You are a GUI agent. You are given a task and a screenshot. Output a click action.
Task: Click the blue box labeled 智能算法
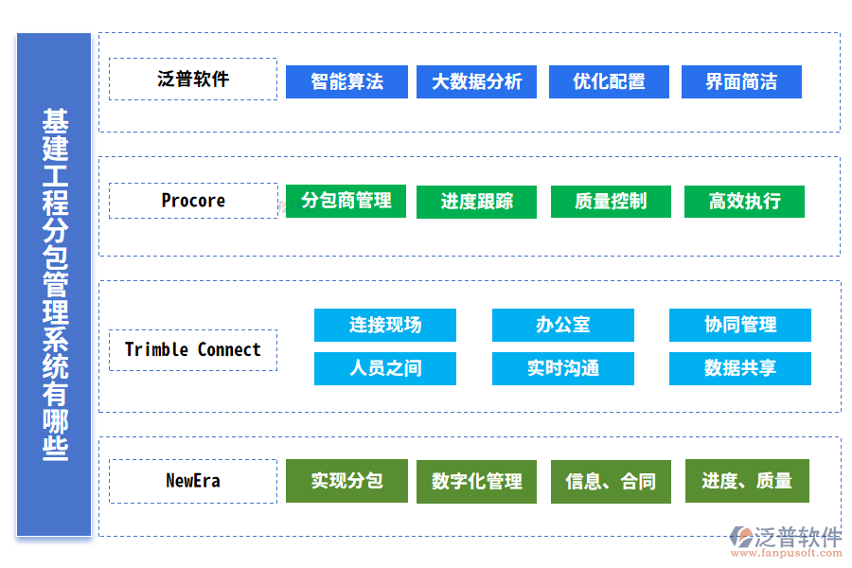pyautogui.click(x=346, y=81)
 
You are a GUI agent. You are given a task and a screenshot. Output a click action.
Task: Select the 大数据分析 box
pyautogui.click(x=476, y=81)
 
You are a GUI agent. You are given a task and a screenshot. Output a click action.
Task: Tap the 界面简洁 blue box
pyautogui.click(x=741, y=81)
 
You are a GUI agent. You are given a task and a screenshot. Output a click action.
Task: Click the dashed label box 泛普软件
pyautogui.click(x=193, y=79)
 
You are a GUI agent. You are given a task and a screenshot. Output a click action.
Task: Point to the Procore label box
pyautogui.click(x=193, y=201)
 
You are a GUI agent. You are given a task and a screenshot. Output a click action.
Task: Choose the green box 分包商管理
pyautogui.click(x=346, y=201)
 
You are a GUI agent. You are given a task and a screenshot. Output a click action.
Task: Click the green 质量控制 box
pyautogui.click(x=611, y=202)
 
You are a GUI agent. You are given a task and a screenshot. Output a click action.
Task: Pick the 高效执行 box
pyautogui.click(x=744, y=202)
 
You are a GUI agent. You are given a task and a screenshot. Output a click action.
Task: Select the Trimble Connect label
pyautogui.click(x=193, y=350)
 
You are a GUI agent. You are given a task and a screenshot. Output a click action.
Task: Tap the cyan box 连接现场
pyautogui.click(x=385, y=325)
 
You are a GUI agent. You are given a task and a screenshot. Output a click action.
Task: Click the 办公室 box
pyautogui.click(x=563, y=325)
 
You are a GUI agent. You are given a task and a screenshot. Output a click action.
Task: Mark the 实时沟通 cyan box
pyautogui.click(x=563, y=368)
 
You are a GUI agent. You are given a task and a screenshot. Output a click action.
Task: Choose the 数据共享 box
pyautogui.click(x=740, y=368)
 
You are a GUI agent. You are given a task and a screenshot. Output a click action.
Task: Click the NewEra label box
pyautogui.click(x=193, y=481)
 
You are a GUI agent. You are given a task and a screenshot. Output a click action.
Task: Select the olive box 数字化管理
pyautogui.click(x=476, y=482)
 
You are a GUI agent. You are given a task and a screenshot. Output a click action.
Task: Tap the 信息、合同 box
pyautogui.click(x=611, y=482)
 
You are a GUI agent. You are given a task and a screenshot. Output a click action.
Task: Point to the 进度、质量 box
pyautogui.click(x=747, y=481)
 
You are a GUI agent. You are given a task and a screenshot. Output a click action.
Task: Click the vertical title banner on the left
pyautogui.click(x=54, y=285)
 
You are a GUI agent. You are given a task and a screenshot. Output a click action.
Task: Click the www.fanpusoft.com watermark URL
pyautogui.click(x=787, y=553)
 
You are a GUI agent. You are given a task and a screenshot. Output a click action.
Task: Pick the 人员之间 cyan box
pyautogui.click(x=385, y=368)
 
